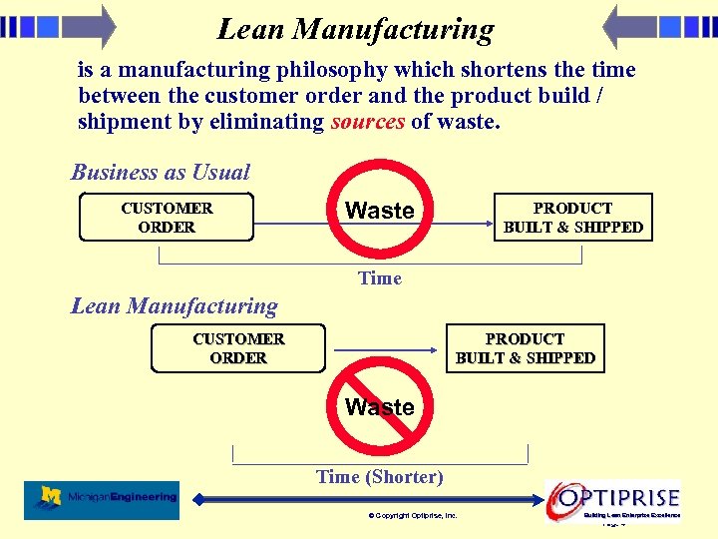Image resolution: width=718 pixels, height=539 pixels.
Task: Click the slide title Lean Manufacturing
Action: click(x=355, y=30)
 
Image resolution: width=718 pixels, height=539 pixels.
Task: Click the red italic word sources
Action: click(x=368, y=122)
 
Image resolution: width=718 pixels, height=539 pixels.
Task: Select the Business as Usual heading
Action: click(x=161, y=172)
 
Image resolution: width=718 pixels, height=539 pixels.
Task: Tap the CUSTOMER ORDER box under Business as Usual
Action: click(x=167, y=218)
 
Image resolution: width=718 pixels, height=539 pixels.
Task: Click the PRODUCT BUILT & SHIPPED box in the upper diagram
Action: click(x=572, y=218)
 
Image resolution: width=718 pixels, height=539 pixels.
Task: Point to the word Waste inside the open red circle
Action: click(x=379, y=211)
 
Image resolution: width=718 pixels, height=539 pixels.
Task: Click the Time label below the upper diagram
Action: click(x=379, y=278)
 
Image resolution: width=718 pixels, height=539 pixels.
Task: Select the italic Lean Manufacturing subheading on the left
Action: click(x=174, y=305)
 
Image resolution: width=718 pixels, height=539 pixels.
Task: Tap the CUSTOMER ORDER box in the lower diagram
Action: click(x=238, y=348)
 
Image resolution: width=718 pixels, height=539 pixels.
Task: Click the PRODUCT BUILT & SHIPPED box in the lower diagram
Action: click(x=525, y=348)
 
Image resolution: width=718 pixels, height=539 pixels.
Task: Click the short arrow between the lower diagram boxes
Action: click(x=387, y=349)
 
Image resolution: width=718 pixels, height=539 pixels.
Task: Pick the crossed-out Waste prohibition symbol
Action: click(x=380, y=407)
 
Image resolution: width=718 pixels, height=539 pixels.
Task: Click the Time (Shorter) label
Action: click(x=379, y=477)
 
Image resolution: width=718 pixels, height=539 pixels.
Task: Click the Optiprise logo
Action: click(x=614, y=498)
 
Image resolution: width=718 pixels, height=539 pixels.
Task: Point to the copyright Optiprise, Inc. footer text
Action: click(x=412, y=516)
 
